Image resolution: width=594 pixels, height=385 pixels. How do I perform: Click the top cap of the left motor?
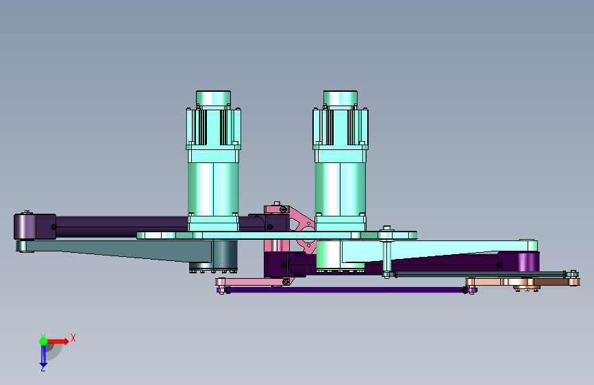pos(213,98)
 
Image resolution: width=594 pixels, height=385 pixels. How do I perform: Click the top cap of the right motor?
pos(341,98)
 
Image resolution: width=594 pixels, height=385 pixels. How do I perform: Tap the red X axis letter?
pos(73,338)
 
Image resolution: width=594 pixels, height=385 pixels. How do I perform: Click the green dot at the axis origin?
pos(43,341)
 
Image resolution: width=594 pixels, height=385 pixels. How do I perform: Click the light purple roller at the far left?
pos(25,227)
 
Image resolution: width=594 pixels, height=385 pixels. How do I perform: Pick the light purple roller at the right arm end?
pos(527,262)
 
